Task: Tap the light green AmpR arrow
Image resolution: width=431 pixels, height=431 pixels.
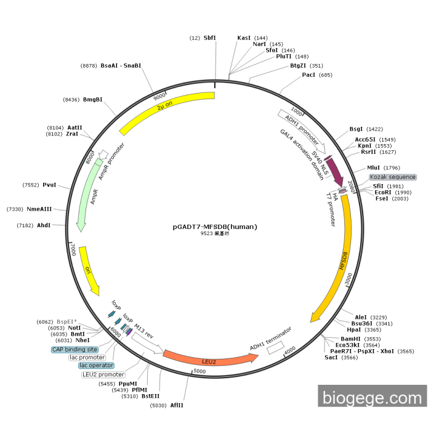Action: point(87,192)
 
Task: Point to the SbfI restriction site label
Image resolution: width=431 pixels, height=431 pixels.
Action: point(210,38)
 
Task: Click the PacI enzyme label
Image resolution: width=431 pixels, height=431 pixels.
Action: point(308,75)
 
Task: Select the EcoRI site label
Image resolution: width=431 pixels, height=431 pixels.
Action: point(382,192)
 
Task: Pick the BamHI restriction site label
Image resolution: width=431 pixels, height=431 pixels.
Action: point(350,339)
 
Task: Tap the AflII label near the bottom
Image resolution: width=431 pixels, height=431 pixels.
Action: point(177,405)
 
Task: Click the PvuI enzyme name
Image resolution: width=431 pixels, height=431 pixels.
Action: point(49,185)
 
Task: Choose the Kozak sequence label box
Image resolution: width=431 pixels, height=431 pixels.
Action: point(393,177)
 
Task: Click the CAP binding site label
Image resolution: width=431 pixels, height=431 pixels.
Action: point(75,349)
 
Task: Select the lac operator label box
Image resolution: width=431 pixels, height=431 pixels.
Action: point(96,365)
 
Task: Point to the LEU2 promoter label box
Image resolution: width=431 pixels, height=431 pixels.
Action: point(103,374)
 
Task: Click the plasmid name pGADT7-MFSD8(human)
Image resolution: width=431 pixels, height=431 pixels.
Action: point(215,227)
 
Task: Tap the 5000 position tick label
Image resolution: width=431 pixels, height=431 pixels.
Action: point(199,371)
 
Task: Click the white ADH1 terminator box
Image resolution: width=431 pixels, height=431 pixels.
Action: point(276,348)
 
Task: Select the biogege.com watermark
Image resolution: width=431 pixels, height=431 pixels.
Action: point(373,396)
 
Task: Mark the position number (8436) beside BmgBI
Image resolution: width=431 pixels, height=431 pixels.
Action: point(71,100)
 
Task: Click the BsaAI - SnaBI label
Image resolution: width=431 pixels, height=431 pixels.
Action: point(121,66)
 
